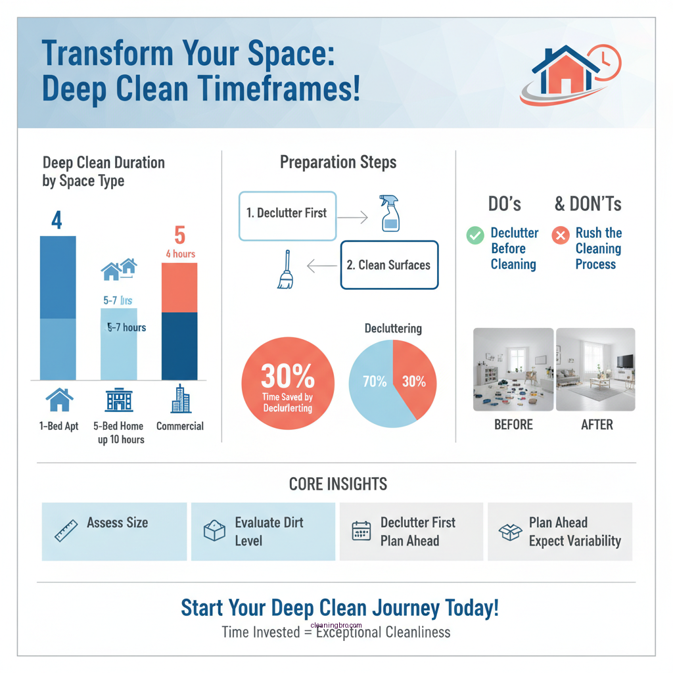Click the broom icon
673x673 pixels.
pos(286,270)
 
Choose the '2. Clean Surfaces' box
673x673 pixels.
pos(389,265)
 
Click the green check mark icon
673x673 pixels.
pos(475,235)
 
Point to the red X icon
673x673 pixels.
pos(560,235)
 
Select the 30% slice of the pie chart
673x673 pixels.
pos(414,375)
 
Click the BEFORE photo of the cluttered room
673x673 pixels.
pos(513,369)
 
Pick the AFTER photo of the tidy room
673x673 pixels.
pos(595,369)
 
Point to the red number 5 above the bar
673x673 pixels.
pos(179,235)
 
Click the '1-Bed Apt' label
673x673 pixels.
pos(58,426)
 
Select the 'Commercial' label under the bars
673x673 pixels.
pos(179,426)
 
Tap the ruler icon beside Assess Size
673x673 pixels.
pos(66,530)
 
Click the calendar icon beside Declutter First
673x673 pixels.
pos(361,531)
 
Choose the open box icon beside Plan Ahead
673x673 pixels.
pos(510,531)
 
